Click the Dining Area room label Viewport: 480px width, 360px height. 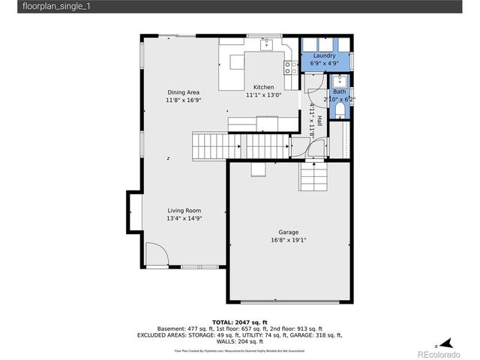coord(183,92)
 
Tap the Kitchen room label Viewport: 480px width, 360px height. coord(263,87)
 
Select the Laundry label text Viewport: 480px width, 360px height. coord(324,55)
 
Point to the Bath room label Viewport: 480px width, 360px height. coord(339,91)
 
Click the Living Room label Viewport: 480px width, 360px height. coord(184,211)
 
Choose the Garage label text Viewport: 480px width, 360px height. coord(289,232)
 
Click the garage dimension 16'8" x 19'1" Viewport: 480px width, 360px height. coord(289,241)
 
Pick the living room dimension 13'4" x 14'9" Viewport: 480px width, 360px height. coord(184,219)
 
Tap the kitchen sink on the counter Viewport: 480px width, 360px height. coord(266,45)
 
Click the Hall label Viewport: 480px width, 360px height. coord(319,119)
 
